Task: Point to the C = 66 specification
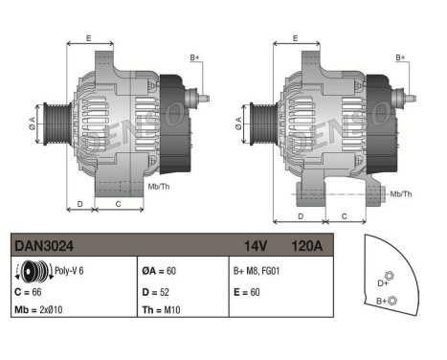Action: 32,290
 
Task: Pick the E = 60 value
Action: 247,290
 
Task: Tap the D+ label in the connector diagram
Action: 384,283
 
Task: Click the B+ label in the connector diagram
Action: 382,302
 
